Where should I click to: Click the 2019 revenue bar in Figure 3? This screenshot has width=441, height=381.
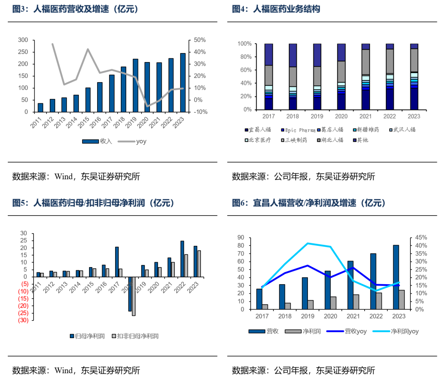[136, 85]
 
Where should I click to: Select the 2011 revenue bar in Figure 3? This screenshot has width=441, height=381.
[40, 107]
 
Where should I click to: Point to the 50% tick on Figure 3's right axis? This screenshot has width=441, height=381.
[200, 40]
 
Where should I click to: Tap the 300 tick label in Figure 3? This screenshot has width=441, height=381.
[23, 40]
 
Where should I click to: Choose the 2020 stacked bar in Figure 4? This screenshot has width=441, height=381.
[341, 76]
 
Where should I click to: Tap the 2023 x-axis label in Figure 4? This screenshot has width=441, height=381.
[414, 116]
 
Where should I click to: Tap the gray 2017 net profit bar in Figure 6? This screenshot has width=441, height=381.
[265, 307]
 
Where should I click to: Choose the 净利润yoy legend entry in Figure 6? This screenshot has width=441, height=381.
[405, 331]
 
